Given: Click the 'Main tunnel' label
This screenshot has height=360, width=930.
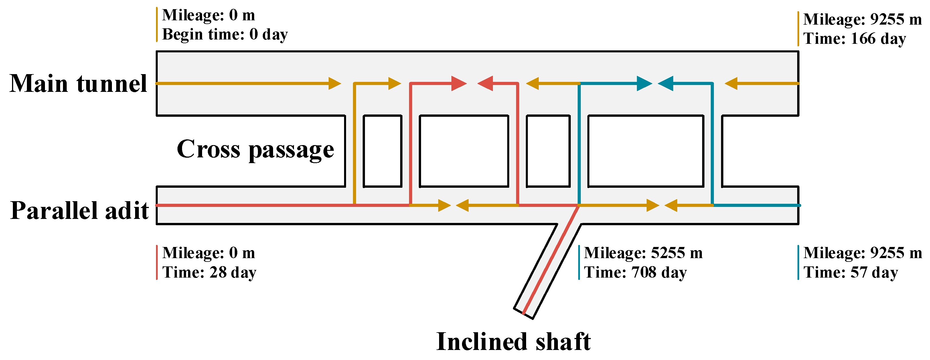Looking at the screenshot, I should pyautogui.click(x=78, y=84).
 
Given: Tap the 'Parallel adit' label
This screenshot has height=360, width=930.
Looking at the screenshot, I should pyautogui.click(x=79, y=211).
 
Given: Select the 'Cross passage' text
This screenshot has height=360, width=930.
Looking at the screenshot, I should pyautogui.click(x=255, y=149).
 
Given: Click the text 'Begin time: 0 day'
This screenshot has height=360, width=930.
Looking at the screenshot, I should pyautogui.click(x=225, y=35).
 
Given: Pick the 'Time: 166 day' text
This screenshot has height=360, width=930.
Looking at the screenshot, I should pyautogui.click(x=854, y=39).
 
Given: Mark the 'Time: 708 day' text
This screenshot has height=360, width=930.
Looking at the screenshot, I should pyautogui.click(x=635, y=272).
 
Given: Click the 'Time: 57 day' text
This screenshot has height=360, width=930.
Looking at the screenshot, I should pyautogui.click(x=851, y=272).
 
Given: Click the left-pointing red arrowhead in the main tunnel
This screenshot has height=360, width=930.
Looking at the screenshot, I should pyautogui.click(x=485, y=83).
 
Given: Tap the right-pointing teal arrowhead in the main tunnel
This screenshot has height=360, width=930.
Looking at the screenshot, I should pyautogui.click(x=644, y=83).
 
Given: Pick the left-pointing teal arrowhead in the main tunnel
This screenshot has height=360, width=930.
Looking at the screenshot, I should pyautogui.click(x=666, y=83).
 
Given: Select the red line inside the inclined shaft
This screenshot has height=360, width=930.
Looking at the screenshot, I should pyautogui.click(x=550, y=260).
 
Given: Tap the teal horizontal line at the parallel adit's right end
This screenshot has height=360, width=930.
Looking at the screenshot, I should pyautogui.click(x=756, y=205).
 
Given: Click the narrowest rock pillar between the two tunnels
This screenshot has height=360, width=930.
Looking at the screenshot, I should pyautogui.click(x=382, y=151).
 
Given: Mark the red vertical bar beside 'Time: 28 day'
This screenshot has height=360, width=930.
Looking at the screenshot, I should pyautogui.click(x=157, y=262).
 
